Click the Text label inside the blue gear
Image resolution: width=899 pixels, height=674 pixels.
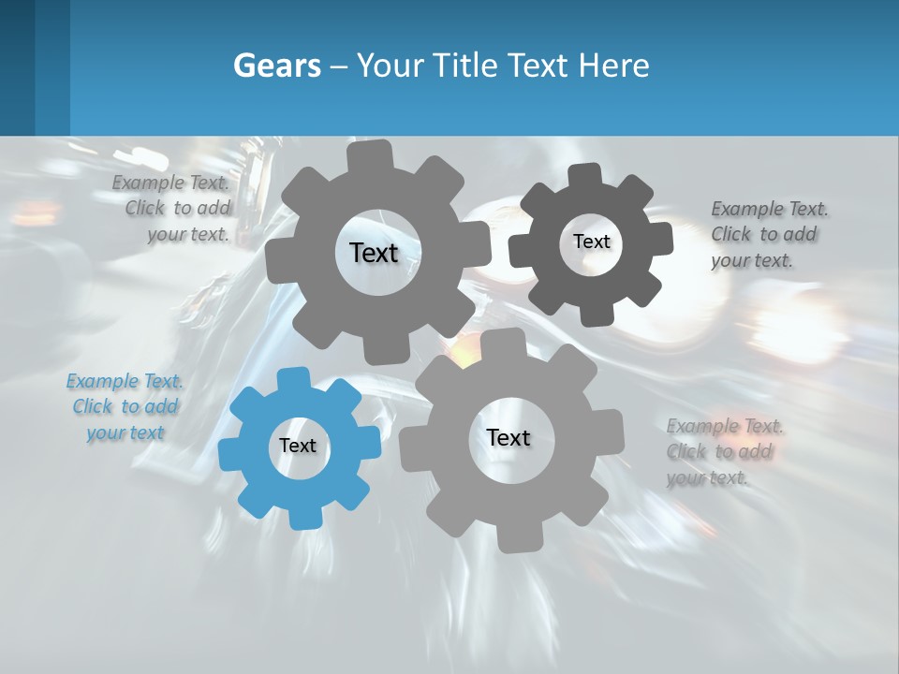298,447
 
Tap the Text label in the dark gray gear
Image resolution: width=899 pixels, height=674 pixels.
591,242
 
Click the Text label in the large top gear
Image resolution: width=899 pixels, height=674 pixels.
374,253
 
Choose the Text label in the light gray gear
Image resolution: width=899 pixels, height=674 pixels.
508,437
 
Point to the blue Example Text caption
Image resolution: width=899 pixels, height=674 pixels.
125,407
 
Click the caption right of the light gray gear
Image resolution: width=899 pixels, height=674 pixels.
723,452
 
